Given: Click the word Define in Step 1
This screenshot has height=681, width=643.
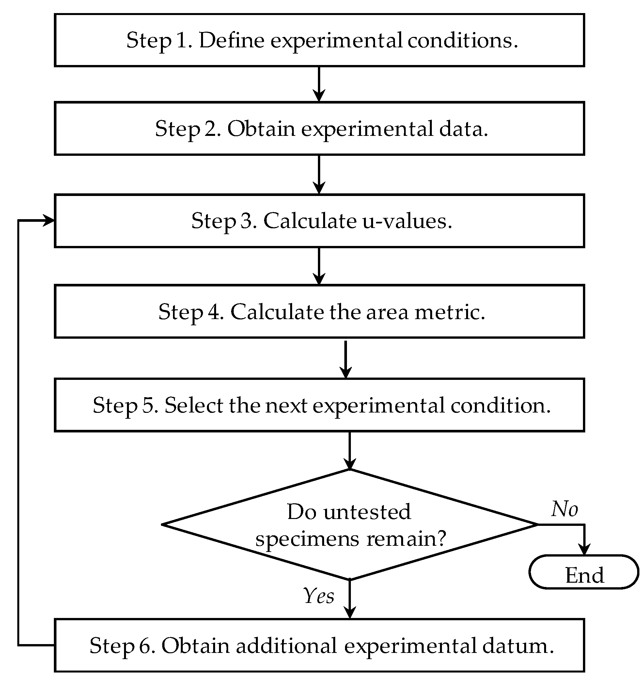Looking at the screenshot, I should tap(232, 41).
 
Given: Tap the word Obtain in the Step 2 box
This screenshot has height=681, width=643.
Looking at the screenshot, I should tap(261, 129).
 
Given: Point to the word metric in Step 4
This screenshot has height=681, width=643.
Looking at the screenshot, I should tap(450, 312).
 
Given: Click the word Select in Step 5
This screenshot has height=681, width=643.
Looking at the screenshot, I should tap(194, 405).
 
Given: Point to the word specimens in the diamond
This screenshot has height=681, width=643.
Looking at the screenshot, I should tap(307, 539).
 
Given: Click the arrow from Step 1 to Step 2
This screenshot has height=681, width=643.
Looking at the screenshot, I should tap(319, 84).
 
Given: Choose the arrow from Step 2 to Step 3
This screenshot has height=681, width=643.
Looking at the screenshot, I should tap(319, 175).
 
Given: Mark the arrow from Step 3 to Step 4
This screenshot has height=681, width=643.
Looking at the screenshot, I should tap(319, 266).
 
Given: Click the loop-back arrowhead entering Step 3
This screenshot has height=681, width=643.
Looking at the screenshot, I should tap(48, 220).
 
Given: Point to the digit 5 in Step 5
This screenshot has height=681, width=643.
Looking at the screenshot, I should tap(149, 405).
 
